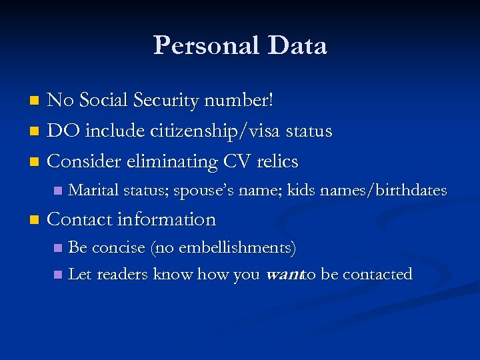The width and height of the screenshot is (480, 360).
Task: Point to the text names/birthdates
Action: (x=383, y=191)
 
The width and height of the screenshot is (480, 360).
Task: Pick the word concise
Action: (x=118, y=248)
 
